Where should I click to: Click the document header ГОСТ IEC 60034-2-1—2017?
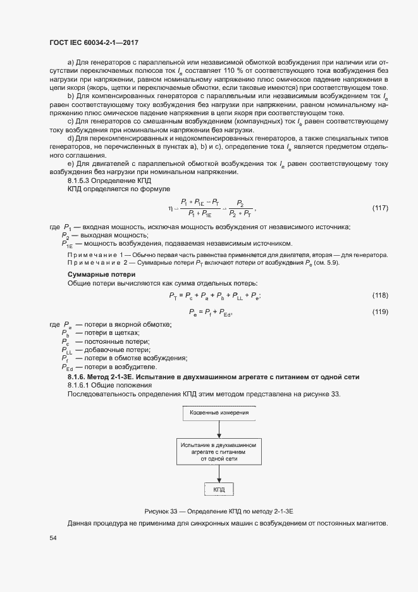tap(94, 43)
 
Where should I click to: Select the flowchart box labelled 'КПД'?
tap(219, 489)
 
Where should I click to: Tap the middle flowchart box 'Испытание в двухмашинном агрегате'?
tap(218, 451)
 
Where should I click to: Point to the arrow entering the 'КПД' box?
tap(218, 474)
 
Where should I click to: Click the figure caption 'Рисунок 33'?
tap(221, 510)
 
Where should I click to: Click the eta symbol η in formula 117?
tap(171, 207)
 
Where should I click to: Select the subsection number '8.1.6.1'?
tap(79, 385)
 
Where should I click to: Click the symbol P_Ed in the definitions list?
tap(67, 367)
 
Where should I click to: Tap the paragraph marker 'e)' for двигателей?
tap(71, 164)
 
